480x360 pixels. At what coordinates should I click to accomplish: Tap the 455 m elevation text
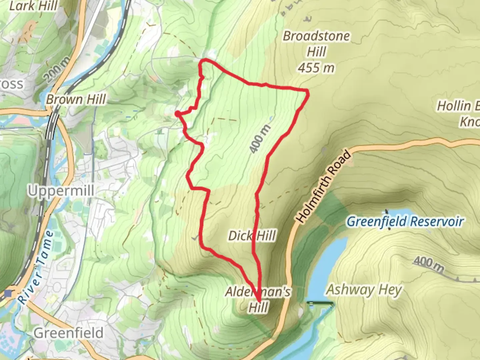[x=316, y=68]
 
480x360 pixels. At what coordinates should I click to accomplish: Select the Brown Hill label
[x=76, y=99]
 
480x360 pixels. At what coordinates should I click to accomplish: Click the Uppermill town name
[x=61, y=191]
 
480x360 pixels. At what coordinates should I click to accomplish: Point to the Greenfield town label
[x=68, y=333]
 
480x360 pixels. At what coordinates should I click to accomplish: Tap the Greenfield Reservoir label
[x=405, y=222]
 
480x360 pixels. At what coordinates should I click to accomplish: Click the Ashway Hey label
[x=364, y=290]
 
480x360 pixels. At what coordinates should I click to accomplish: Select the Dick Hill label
[x=252, y=236]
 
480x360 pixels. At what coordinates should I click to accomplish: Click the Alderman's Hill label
[x=258, y=299]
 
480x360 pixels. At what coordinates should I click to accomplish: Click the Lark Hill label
[x=33, y=6]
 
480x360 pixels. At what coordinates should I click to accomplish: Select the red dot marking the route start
[x=178, y=114]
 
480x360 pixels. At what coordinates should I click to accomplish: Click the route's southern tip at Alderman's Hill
[x=259, y=301]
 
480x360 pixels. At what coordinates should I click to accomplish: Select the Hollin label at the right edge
[x=458, y=106]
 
